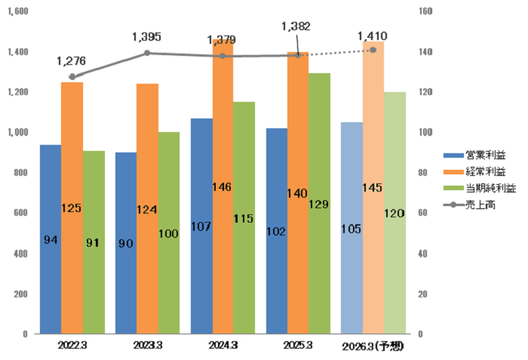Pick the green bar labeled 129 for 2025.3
click(320, 203)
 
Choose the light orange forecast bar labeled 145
click(373, 187)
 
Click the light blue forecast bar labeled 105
click(351, 227)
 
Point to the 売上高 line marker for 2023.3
click(148, 53)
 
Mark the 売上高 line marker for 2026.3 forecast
click(373, 50)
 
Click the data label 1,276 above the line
click(72, 60)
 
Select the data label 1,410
click(373, 35)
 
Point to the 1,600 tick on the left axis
click(17, 12)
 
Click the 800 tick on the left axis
click(20, 173)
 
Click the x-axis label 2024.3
click(223, 346)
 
